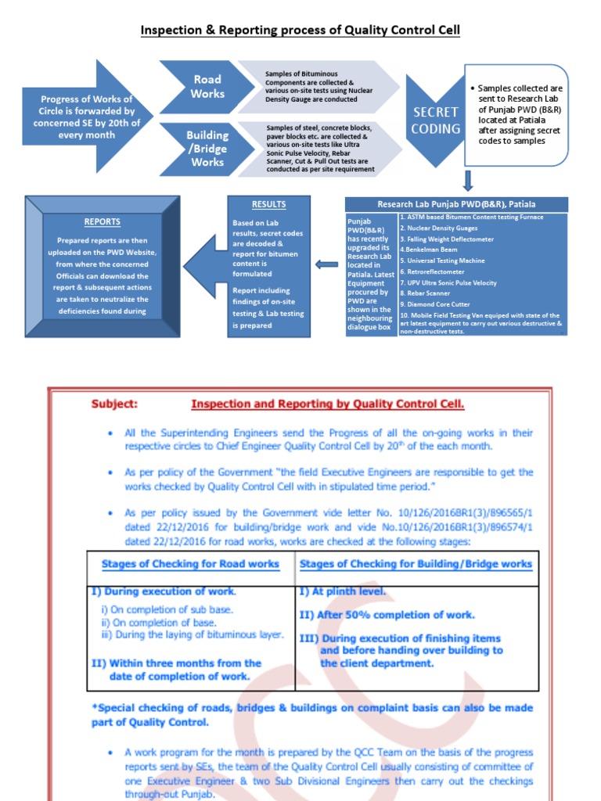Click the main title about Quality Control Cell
tap(300, 31)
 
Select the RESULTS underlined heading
tap(268, 205)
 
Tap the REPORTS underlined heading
tap(103, 221)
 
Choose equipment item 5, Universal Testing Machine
tap(442, 260)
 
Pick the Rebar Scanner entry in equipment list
tap(427, 293)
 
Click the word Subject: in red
tap(114, 404)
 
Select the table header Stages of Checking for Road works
tap(190, 564)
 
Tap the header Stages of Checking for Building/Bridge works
tap(416, 564)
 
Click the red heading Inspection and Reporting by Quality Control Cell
tap(328, 404)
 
